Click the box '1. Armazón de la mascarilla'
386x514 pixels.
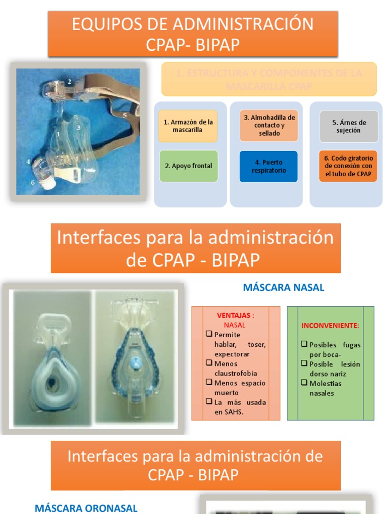pos(188,126)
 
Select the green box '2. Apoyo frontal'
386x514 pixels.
pos(188,166)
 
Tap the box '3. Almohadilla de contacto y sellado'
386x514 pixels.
pos(269,125)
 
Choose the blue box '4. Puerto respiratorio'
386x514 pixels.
pos(269,166)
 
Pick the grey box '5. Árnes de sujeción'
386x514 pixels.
pos(348,126)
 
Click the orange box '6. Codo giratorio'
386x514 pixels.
pos(348,166)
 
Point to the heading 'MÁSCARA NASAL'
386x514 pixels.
pos(283,288)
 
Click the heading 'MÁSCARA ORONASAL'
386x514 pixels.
pos(86,508)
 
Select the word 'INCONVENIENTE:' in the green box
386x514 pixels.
pos(330,326)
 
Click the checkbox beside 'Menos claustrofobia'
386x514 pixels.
pos(209,363)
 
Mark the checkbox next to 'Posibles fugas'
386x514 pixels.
pos(304,344)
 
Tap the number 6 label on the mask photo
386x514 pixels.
pos(33,183)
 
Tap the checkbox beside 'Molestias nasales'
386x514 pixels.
pos(304,383)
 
